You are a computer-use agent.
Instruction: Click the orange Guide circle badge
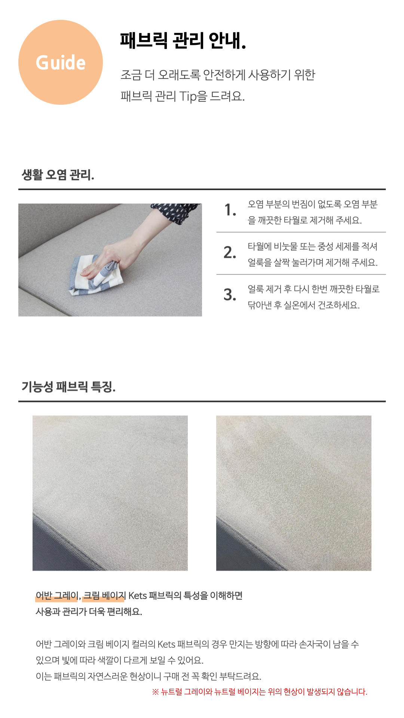61,62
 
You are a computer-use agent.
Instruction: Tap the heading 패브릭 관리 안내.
183,40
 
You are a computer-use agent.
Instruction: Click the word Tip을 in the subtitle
193,97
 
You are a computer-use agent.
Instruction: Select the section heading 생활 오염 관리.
58,175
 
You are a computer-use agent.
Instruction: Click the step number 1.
230,210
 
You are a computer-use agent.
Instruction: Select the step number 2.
230,253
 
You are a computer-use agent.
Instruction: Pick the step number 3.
230,295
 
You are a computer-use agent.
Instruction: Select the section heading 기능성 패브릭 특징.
68,387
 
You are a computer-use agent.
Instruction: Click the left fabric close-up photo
110,493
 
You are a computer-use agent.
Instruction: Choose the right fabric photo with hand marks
294,493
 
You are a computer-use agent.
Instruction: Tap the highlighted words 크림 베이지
103,596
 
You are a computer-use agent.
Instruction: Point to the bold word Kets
137,596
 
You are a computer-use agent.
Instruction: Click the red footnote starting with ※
260,692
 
